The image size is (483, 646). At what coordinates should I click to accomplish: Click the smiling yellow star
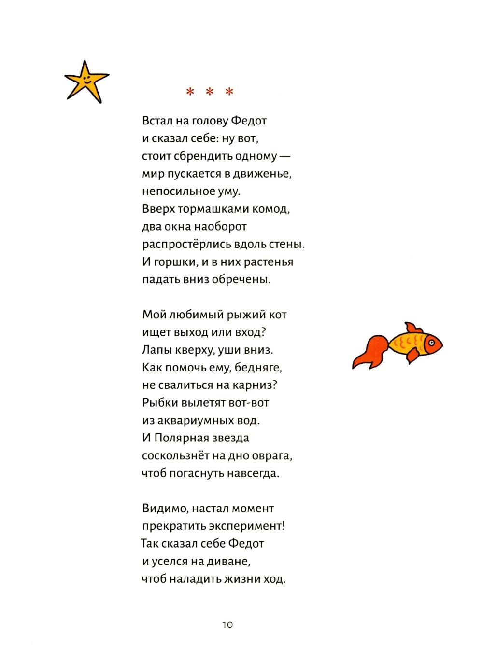click(87, 82)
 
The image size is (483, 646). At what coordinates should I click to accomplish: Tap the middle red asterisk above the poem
click(210, 92)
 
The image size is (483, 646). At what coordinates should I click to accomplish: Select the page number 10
click(227, 625)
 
